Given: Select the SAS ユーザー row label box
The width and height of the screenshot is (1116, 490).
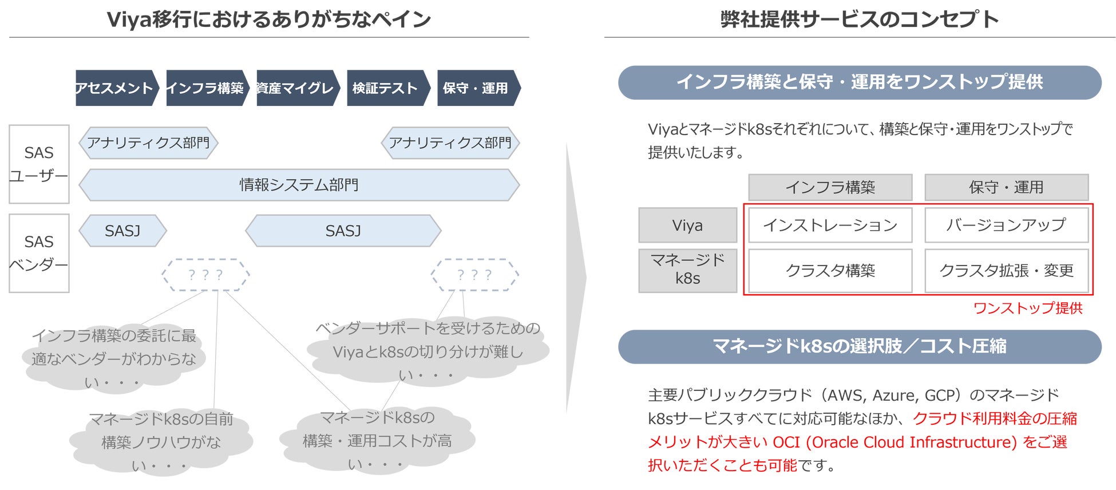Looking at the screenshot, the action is (39, 164).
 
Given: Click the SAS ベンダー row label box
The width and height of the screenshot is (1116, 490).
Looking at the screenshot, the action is (39, 253).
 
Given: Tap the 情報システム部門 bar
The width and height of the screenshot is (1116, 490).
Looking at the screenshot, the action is (299, 185).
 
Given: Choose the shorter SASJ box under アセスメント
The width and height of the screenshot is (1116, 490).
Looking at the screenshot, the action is (122, 231).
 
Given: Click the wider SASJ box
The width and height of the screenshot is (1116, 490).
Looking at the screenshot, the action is (343, 231).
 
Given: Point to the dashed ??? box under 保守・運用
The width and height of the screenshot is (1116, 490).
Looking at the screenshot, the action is (474, 275).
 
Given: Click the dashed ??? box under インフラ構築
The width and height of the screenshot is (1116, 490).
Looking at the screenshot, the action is (205, 275).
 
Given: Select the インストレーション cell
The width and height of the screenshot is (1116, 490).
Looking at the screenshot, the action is (830, 225).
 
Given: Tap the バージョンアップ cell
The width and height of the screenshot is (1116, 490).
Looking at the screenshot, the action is (1006, 225).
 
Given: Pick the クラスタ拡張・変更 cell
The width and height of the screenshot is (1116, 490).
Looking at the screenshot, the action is (1006, 270).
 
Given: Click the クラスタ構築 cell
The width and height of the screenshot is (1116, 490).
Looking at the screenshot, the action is (830, 270).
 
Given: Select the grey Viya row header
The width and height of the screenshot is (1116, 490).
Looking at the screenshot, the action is (687, 225).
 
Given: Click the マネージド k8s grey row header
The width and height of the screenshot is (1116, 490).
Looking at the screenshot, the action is (687, 270).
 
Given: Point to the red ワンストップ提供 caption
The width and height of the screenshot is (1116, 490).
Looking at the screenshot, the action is (1028, 309).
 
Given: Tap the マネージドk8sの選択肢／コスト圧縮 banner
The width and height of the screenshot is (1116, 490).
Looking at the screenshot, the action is (860, 346).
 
